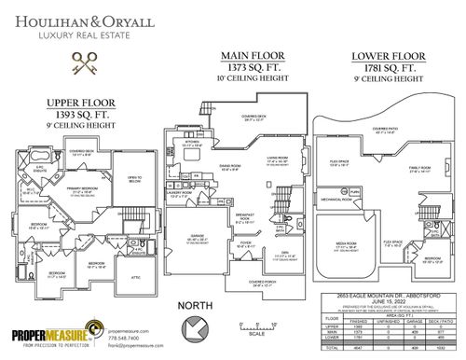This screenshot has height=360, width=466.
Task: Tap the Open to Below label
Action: point(134,179)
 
